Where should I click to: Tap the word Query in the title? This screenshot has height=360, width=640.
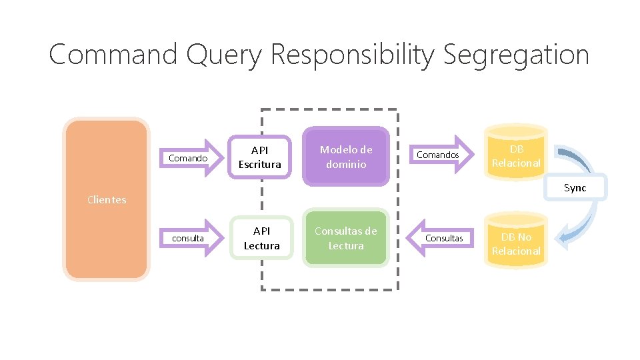tap(224, 55)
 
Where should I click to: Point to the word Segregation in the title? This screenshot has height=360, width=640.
tap(515, 55)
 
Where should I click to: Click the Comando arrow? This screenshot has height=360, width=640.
tap(193, 158)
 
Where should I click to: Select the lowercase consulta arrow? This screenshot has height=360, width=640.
tap(193, 238)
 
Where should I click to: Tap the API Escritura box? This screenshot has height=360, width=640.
tap(260, 157)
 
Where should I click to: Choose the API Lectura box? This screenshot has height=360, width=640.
tap(261, 238)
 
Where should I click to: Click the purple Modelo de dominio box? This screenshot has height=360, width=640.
tap(345, 157)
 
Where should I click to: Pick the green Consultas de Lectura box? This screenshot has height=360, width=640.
tap(345, 238)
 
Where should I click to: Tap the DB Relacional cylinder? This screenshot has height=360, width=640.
tap(516, 156)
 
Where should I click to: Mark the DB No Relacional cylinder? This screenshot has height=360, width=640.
tap(516, 242)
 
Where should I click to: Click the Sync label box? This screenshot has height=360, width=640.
tap(575, 187)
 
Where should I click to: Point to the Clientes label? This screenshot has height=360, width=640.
tap(107, 199)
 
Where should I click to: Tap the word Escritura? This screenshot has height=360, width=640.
tap(260, 164)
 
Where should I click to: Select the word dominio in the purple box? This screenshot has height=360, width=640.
tap(345, 164)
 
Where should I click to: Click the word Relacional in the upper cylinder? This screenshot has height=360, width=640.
tap(516, 163)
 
